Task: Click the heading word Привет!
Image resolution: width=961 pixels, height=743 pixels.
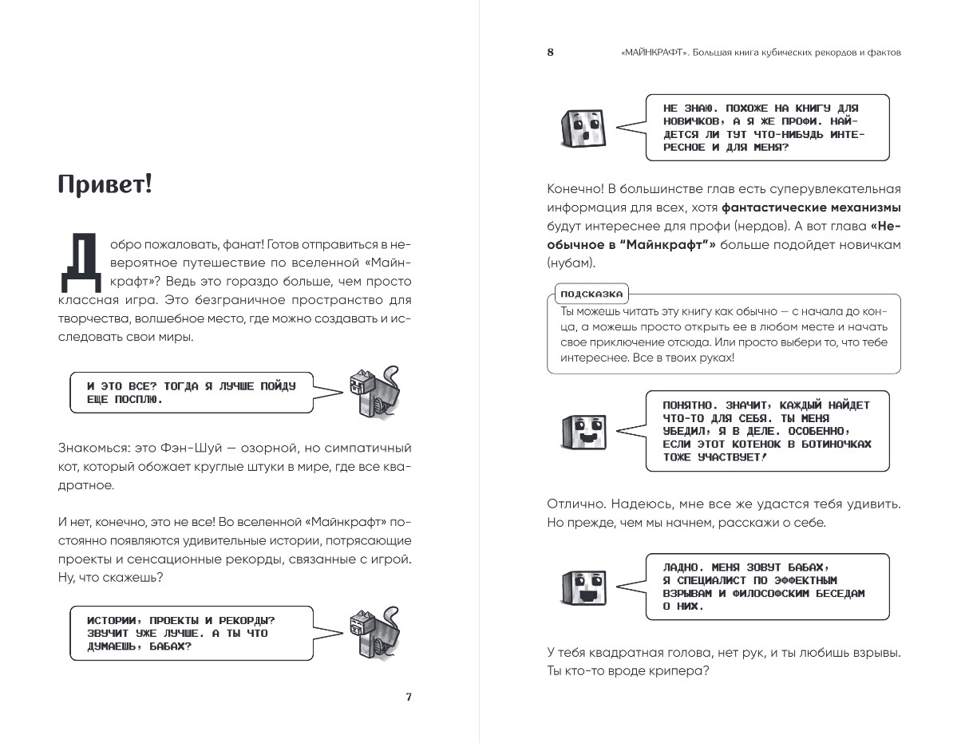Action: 105,186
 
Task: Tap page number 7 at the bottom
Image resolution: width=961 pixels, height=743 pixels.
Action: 408,697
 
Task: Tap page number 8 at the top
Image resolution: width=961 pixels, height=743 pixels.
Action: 550,53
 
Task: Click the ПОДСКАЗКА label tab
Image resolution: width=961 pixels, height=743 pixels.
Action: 591,293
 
